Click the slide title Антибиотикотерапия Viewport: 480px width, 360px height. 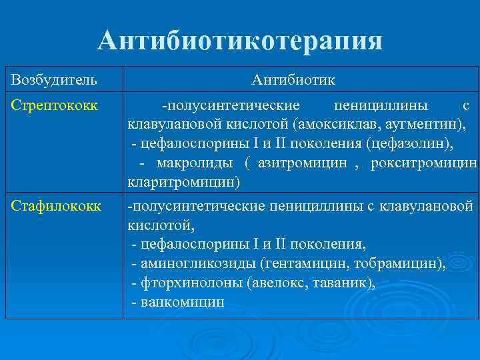(x=240, y=41)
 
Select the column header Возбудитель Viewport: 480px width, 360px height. (x=53, y=81)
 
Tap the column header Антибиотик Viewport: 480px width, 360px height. (x=293, y=81)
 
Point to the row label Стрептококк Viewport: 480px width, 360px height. (x=53, y=105)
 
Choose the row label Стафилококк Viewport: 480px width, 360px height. (x=55, y=207)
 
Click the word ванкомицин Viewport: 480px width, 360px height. (x=182, y=302)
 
